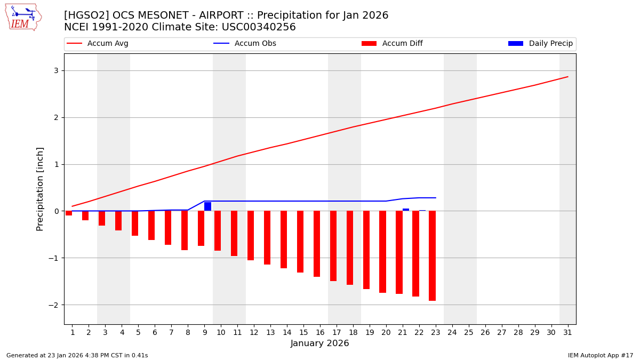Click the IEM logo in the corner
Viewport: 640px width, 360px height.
click(23, 17)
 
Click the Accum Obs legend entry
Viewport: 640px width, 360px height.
click(245, 44)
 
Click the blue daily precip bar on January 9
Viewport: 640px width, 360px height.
click(207, 206)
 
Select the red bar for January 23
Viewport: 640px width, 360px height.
click(432, 255)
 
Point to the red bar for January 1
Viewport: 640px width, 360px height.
click(69, 213)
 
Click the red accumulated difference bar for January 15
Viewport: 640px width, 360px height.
click(300, 242)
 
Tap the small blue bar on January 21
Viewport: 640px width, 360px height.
click(406, 210)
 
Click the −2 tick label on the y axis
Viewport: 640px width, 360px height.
click(54, 305)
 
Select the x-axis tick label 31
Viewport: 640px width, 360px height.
click(567, 332)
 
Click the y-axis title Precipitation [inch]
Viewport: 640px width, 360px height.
click(40, 189)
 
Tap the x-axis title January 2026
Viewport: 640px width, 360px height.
click(319, 344)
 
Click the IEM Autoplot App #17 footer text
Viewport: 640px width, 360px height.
click(600, 355)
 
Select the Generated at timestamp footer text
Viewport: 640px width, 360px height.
click(77, 355)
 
